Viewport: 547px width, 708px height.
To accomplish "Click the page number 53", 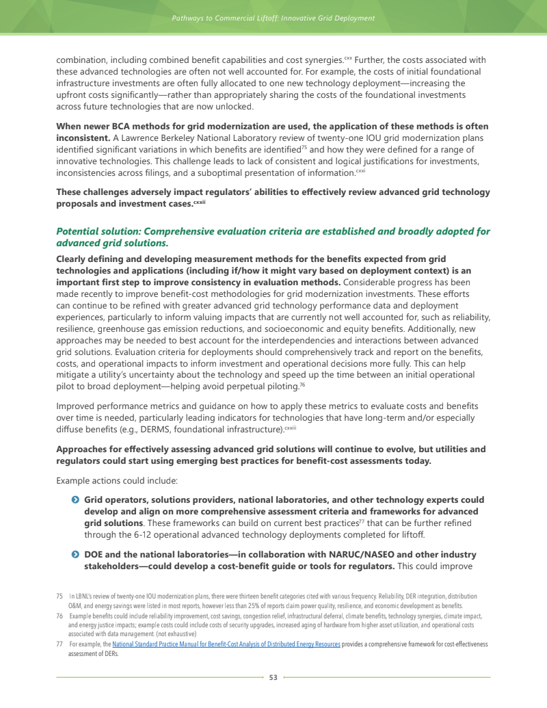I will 273,677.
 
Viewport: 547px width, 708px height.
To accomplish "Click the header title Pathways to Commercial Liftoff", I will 273,18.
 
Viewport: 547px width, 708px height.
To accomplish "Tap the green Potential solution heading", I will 273,237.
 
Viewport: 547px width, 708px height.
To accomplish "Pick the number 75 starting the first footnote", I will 59,596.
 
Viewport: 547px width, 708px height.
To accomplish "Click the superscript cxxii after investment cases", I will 199,202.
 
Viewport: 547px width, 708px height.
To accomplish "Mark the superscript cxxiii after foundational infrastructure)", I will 290,428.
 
